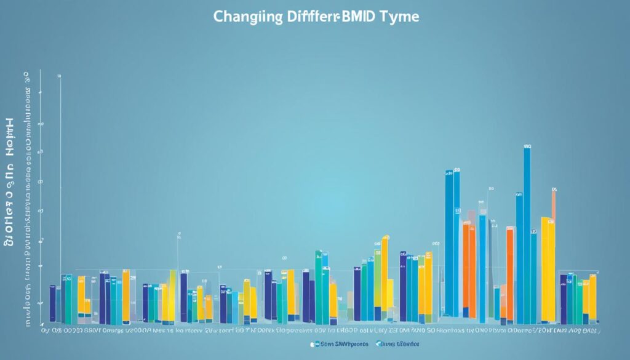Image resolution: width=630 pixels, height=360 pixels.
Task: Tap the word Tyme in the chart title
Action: tap(400, 17)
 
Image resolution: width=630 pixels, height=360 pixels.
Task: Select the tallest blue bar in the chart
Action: tap(527, 237)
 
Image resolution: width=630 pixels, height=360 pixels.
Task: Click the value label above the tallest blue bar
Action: tap(527, 147)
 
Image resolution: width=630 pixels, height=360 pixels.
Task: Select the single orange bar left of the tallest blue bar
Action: tap(509, 274)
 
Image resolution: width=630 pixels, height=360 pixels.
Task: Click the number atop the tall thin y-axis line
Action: tap(60, 76)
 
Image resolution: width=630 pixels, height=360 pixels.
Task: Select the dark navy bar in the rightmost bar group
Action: tap(564, 300)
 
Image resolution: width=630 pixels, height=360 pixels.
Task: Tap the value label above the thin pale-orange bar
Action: tap(554, 190)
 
